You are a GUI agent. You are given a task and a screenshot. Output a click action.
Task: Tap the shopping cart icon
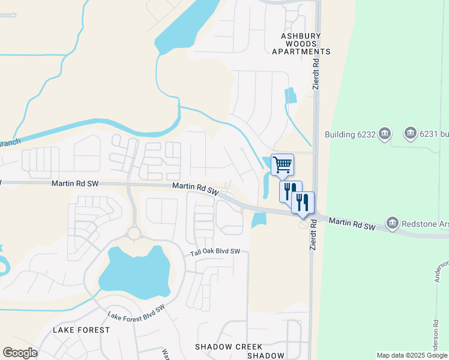[x=282, y=163]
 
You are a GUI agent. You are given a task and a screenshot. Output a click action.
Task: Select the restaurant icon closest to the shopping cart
[x=291, y=191]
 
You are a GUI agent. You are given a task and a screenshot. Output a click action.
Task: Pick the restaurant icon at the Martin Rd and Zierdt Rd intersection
[x=303, y=202]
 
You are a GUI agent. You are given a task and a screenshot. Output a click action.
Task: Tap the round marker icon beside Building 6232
[x=385, y=133]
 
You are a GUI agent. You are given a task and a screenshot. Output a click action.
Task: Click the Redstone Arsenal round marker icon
[x=393, y=224]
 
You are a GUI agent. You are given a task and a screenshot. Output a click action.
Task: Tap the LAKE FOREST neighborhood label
[x=82, y=330]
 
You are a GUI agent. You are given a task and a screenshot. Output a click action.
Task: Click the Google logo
[x=20, y=353]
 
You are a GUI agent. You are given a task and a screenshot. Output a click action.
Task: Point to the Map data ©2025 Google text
[x=412, y=355]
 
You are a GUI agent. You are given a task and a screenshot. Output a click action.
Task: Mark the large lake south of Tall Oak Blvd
[x=134, y=273]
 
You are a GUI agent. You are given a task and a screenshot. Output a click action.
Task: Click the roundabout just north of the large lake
[x=133, y=232]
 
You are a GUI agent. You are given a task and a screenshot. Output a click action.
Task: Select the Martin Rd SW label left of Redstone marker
[x=352, y=223]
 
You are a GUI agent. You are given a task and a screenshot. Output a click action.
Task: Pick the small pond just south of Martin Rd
[x=259, y=219]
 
